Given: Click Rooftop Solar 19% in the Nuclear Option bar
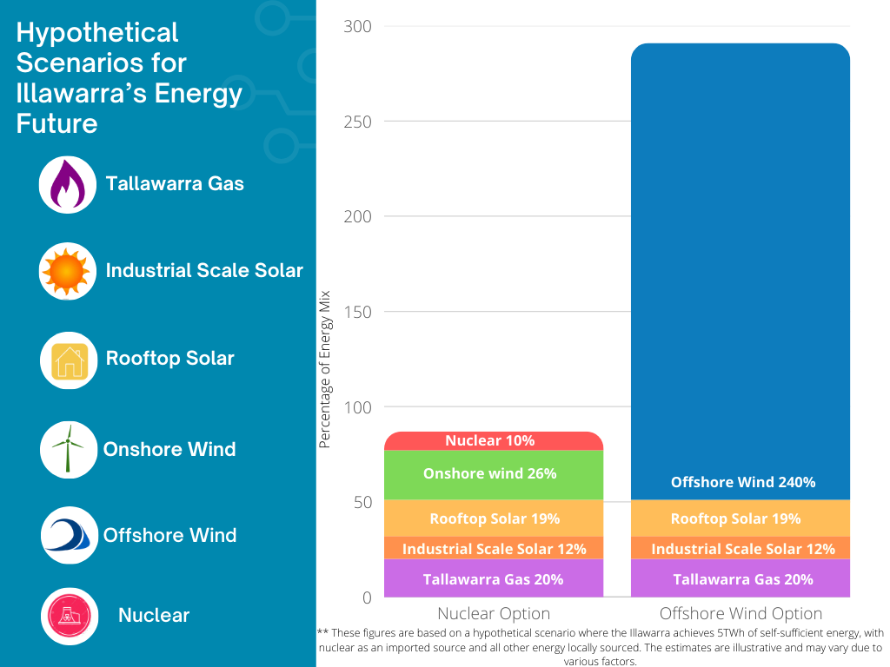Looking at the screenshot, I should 493,518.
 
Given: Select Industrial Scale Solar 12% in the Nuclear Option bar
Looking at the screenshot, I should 493,549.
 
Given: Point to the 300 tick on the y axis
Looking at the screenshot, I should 356,27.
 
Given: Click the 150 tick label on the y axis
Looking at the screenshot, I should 356,312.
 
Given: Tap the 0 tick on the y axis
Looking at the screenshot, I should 366,598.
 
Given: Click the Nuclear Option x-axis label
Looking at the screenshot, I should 493,614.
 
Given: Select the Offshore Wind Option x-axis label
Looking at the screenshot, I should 740,614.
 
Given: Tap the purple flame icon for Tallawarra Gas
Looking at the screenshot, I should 68,185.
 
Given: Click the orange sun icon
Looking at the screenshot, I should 68,272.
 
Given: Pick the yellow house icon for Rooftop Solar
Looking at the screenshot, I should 68,360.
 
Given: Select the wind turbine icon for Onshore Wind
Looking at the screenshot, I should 68,448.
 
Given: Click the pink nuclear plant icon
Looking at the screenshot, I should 68,616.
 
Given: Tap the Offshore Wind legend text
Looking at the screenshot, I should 169,535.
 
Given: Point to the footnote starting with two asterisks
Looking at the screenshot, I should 600,647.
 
